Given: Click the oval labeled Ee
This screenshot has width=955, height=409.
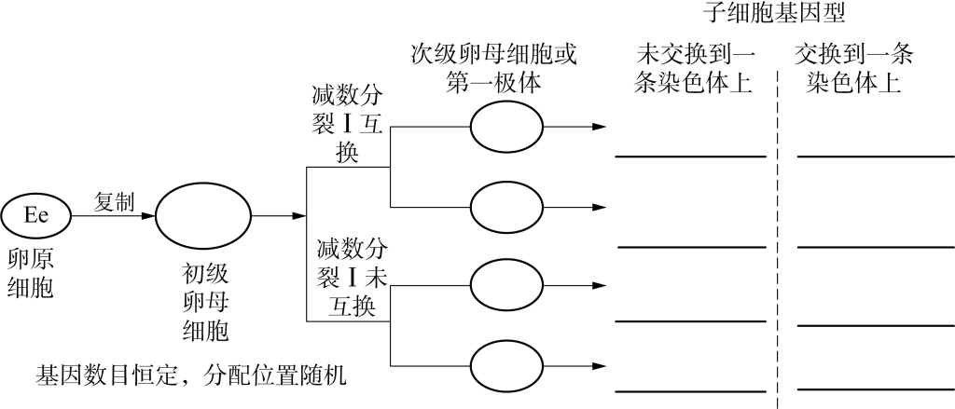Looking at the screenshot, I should click(x=36, y=215).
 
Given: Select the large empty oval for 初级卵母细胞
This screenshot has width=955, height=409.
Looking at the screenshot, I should click(x=202, y=216).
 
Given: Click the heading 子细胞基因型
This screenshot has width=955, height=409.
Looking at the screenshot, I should click(x=776, y=13).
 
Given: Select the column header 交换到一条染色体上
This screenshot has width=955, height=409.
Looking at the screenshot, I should click(x=853, y=69).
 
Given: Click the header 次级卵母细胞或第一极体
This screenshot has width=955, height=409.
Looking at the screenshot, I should click(x=494, y=68).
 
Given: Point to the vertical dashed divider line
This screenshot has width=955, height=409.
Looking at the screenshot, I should click(x=776, y=233).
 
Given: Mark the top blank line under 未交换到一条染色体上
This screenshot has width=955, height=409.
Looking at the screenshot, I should click(x=690, y=157).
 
